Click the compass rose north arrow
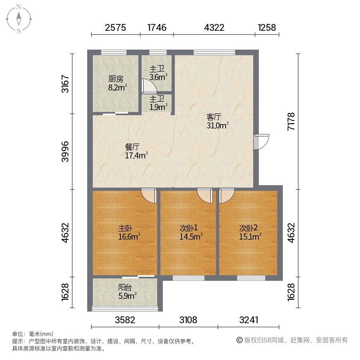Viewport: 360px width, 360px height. tap(19, 18)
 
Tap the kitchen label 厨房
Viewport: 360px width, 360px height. tap(116, 79)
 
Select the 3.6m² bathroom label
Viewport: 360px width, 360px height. tap(158, 73)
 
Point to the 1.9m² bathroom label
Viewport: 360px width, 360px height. tap(158, 103)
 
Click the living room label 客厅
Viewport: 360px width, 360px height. tap(214, 117)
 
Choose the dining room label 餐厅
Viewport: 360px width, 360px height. tap(132, 147)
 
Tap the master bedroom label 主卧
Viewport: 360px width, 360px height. tap(125, 228)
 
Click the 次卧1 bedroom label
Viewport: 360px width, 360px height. tap(188, 228)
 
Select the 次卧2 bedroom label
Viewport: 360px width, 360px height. tap(248, 228)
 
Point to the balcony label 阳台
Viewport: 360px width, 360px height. tap(125, 288)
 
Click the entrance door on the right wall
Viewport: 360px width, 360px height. tap(261, 142)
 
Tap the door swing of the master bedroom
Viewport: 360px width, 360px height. tap(149, 196)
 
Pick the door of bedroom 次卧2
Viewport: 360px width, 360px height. tap(227, 196)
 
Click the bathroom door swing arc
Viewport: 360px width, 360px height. tap(149, 86)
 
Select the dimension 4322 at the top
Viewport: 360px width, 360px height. tap(214, 28)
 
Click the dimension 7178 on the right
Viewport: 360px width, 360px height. tap(291, 122)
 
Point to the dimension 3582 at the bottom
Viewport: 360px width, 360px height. tap(125, 320)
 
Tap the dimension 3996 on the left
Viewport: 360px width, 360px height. tap(65, 152)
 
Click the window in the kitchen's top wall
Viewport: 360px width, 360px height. tap(114, 52)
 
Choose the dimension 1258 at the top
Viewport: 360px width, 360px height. tap(267, 28)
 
